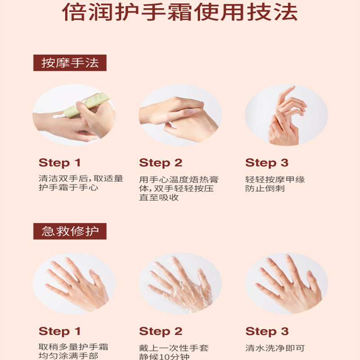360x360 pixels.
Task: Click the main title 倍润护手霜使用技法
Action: [x=180, y=12]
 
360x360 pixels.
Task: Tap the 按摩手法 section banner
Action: [x=70, y=63]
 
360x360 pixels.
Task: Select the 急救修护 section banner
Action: [x=70, y=231]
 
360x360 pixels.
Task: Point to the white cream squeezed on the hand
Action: [x=58, y=116]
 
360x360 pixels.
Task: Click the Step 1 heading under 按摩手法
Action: [x=60, y=163]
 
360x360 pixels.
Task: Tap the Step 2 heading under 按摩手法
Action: [x=161, y=163]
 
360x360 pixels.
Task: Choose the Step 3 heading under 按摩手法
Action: [x=267, y=163]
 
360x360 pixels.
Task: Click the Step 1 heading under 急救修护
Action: [x=60, y=331]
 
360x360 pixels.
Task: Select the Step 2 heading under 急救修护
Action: [x=161, y=331]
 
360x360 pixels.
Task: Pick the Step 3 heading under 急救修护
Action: [x=267, y=331]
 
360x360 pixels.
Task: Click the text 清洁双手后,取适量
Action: [x=81, y=178]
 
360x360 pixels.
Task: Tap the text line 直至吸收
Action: [x=159, y=197]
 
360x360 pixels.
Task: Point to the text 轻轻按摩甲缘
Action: [x=275, y=179]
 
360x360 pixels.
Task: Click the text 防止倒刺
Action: [x=265, y=189]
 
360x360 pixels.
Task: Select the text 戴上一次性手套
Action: [x=174, y=348]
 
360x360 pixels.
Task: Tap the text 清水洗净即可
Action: [x=275, y=348]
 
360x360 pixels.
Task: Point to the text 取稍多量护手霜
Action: [x=73, y=346]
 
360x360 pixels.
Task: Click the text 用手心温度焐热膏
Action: [x=179, y=179]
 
